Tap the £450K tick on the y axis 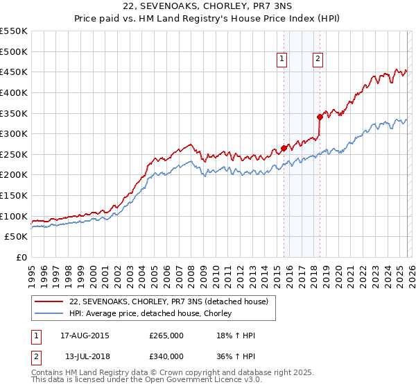(14, 72)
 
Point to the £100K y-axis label (14, 216)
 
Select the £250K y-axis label (14, 154)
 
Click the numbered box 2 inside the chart (318, 60)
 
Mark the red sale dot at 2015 (284, 148)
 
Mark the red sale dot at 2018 (320, 117)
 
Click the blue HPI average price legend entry (155, 313)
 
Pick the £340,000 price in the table (166, 356)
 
